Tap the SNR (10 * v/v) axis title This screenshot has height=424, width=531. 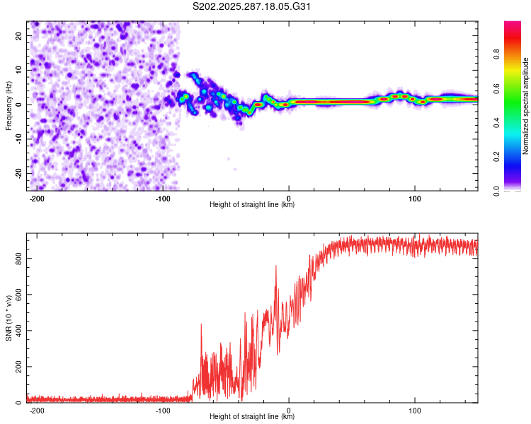tap(9, 317)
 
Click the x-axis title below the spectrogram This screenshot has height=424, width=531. tap(252, 205)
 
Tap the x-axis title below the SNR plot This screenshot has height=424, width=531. tap(252, 417)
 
